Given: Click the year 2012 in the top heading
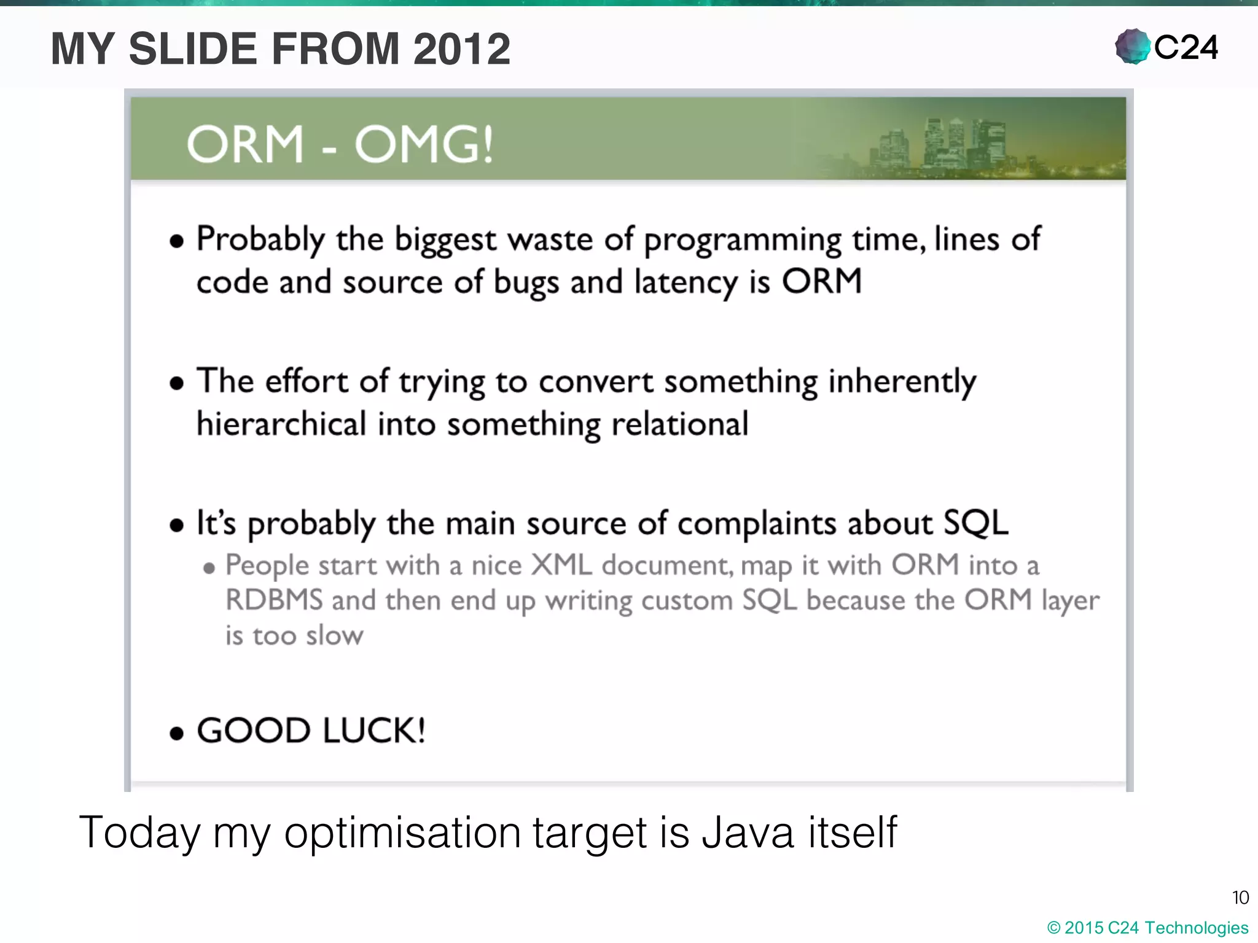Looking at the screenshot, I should coord(461,49).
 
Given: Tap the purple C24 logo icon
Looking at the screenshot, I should coord(1132,47).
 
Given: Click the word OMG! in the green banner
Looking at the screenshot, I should coord(424,145).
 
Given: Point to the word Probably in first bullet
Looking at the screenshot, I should coord(260,239).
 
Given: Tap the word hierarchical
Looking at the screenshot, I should coord(281,424).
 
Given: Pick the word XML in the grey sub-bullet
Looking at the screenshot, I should coord(561,565).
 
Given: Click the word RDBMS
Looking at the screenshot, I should coord(273,600).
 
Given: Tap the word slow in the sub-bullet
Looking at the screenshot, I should coord(334,635).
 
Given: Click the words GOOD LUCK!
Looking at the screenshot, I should coord(311,731).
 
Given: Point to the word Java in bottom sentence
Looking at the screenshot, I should coord(748,832).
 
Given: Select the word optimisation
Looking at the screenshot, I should coord(402,834).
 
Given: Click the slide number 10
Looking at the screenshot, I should coord(1240,898).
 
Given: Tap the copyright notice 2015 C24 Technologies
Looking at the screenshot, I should coord(1147,928).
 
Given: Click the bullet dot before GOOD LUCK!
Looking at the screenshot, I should coord(177,733).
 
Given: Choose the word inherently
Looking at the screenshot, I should coord(902,382).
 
